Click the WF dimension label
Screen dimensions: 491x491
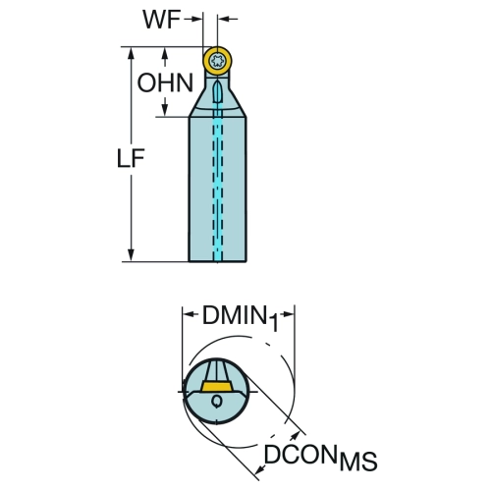pyautogui.click(x=161, y=20)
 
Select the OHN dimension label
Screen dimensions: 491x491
pyautogui.click(x=165, y=82)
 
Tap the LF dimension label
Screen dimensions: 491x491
pyautogui.click(x=131, y=158)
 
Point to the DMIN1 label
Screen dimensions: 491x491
pyautogui.click(x=241, y=317)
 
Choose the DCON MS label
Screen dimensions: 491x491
pyautogui.click(x=320, y=457)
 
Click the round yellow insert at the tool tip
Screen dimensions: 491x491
pyautogui.click(x=217, y=61)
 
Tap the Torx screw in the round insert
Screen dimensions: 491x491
pyautogui.click(x=217, y=61)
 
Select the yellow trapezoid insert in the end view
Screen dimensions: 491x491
pyautogui.click(x=217, y=386)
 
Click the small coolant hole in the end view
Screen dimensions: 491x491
pyautogui.click(x=216, y=401)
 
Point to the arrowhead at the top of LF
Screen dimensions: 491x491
pyautogui.click(x=132, y=53)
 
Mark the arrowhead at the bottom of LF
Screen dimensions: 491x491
pyautogui.click(x=132, y=255)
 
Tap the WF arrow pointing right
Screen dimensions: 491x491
pyautogui.click(x=193, y=20)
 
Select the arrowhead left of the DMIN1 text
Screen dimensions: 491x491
pyautogui.click(x=190, y=314)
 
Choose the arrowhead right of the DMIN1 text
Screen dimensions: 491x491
pyautogui.click(x=288, y=314)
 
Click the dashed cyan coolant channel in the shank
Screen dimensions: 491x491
pyautogui.click(x=217, y=184)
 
